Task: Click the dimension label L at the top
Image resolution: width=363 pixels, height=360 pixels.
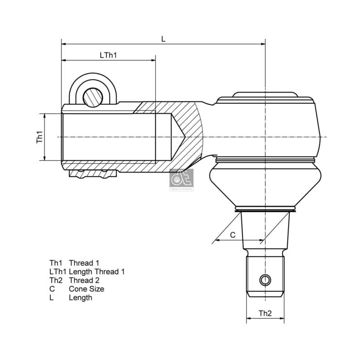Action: point(163,39)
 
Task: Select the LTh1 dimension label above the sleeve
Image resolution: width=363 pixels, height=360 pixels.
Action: point(108,55)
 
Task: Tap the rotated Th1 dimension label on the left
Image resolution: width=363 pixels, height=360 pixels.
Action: point(39,137)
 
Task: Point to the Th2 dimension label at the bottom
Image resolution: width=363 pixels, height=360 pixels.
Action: point(265,313)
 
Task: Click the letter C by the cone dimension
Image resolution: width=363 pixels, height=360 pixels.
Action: point(233,235)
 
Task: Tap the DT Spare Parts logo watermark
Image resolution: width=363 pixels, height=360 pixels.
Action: point(181,180)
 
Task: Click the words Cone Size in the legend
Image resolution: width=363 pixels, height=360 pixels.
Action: point(86,289)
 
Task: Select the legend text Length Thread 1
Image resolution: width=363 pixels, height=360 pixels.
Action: point(97,271)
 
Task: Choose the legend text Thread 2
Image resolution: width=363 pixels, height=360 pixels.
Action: point(84,280)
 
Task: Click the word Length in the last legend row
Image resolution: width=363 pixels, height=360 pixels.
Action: point(80,297)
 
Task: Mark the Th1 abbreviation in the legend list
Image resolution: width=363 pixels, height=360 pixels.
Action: point(55,263)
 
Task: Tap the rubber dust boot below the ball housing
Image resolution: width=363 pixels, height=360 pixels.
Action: point(265,186)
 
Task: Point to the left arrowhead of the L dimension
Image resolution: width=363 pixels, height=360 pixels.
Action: point(64,44)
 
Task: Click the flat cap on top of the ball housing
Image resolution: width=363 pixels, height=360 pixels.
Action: point(265,95)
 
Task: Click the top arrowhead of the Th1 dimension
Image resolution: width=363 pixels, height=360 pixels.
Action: point(45,116)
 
